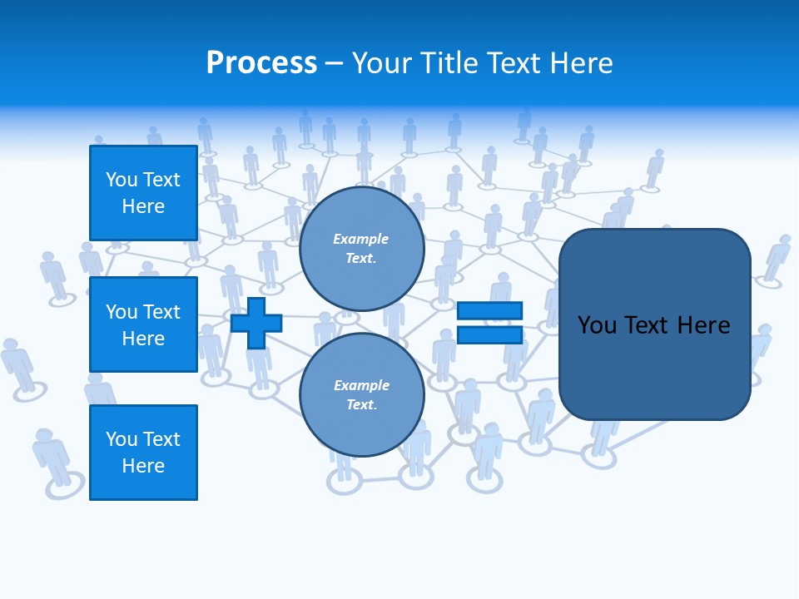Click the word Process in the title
tap(261, 62)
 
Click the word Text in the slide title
tap(513, 62)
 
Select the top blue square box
tap(143, 193)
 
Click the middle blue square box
tap(143, 324)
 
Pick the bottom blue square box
tap(143, 453)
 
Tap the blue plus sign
tap(256, 323)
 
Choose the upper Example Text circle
tap(361, 249)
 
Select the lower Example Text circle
tap(361, 395)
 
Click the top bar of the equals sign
tap(489, 311)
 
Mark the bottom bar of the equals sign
tap(489, 334)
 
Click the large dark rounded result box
tap(654, 324)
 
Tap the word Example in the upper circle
tap(361, 239)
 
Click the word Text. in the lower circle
tap(361, 405)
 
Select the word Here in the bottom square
tap(143, 466)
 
